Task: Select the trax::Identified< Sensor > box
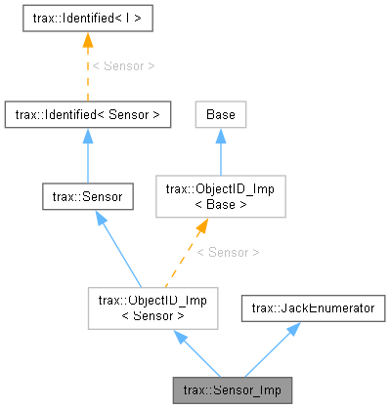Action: tap(87, 114)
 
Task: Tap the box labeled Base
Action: tap(220, 114)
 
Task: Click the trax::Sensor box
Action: tap(87, 196)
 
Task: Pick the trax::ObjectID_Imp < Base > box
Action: tap(220, 196)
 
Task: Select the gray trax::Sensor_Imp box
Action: tap(232, 389)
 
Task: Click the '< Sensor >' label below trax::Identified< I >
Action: tap(122, 66)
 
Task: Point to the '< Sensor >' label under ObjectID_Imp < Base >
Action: tap(227, 252)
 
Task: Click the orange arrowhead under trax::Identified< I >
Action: tap(87, 39)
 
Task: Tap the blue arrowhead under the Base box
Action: tap(220, 137)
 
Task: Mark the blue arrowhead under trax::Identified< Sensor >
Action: tap(87, 137)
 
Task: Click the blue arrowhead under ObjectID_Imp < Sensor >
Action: tap(180, 337)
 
